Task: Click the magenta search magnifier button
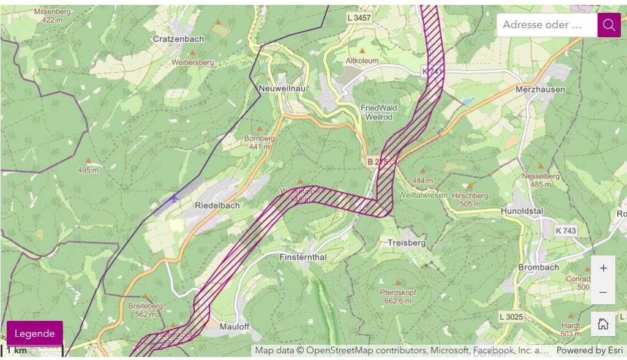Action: point(609,25)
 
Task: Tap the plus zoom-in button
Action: point(603,268)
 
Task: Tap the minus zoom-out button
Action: point(603,292)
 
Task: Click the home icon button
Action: point(603,324)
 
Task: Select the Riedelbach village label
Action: point(217,206)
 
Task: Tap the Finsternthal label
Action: point(304,257)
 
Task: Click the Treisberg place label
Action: point(406,243)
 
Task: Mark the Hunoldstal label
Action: point(522,211)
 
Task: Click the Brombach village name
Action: point(538,268)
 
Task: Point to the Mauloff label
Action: point(235,326)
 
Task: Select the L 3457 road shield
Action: point(359,18)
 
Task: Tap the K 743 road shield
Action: point(566,231)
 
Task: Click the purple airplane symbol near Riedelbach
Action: point(175,198)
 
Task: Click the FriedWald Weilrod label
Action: point(378,112)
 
